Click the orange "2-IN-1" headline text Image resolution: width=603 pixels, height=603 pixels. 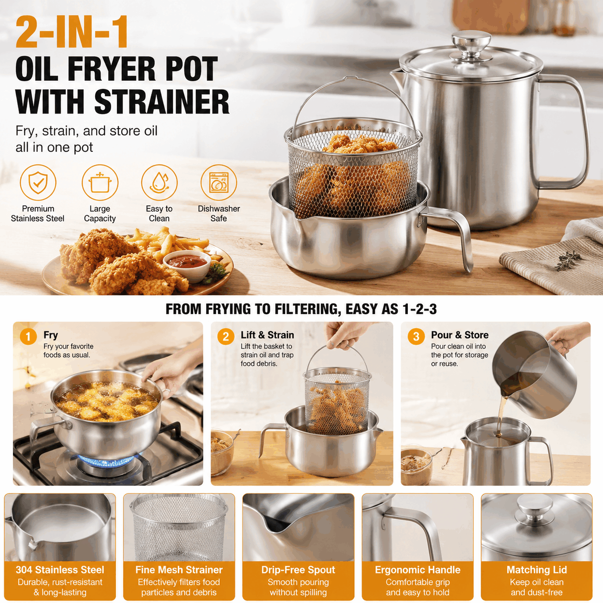(x=72, y=32)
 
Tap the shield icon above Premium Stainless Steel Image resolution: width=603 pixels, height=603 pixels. (x=38, y=182)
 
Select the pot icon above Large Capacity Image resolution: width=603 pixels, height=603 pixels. (x=100, y=182)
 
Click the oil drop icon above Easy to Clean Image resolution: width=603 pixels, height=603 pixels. (x=159, y=182)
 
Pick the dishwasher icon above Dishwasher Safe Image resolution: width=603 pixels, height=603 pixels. (x=219, y=182)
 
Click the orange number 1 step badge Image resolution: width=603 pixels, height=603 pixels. (x=28, y=337)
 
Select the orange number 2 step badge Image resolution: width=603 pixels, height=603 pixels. (x=226, y=337)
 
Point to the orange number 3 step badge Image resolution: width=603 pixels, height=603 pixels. (x=416, y=337)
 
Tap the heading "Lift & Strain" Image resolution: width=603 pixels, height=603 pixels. (x=267, y=335)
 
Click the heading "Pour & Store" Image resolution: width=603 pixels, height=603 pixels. (x=460, y=335)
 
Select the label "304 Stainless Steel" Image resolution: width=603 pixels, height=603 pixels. (x=60, y=569)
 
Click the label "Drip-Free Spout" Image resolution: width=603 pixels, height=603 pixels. (x=298, y=569)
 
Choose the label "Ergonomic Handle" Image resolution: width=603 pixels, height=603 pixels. (x=417, y=569)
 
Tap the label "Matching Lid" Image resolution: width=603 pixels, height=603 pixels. (x=537, y=569)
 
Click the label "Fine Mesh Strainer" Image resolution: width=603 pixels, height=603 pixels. (x=179, y=569)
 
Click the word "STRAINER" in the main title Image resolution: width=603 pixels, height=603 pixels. (x=162, y=101)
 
